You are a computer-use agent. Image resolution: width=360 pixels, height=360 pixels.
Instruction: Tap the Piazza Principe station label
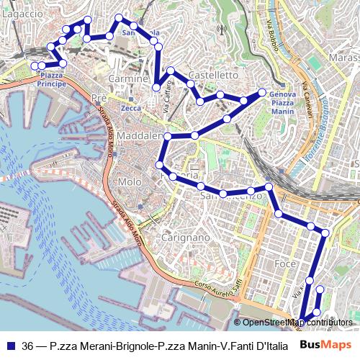(51, 79)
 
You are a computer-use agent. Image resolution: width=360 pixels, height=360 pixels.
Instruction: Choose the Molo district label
(130, 181)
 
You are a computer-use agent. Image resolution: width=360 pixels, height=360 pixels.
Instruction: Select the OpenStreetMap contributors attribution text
(296, 322)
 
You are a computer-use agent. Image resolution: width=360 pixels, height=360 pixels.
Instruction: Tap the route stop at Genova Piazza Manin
(262, 92)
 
